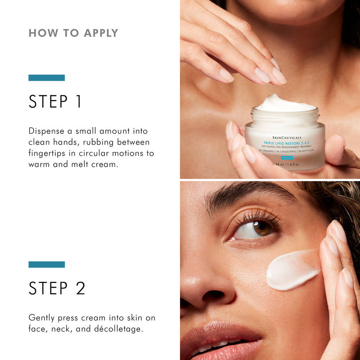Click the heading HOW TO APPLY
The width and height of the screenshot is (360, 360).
point(73,33)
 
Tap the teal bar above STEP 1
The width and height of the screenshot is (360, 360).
point(46,77)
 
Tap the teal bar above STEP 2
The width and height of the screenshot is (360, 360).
point(46,264)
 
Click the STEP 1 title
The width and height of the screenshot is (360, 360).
point(55,101)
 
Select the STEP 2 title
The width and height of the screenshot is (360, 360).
point(57,288)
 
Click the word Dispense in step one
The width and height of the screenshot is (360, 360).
point(46,131)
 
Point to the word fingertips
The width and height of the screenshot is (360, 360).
point(48,153)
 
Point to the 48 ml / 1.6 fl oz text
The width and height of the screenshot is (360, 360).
point(287,164)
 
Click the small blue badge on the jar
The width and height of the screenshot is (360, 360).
point(287,157)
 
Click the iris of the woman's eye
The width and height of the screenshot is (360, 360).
point(263,228)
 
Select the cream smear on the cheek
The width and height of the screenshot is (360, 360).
point(292,270)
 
